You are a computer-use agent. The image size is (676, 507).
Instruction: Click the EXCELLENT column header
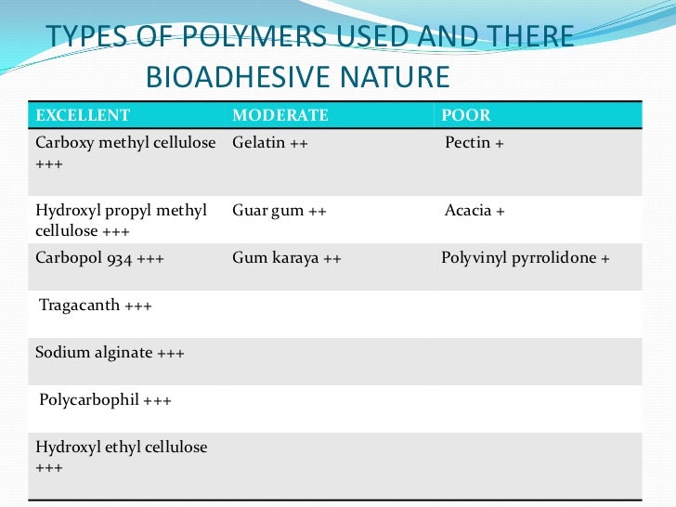coord(83,116)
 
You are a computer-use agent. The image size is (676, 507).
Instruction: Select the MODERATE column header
coord(280,116)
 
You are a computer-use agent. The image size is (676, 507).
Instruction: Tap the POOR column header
coord(466,116)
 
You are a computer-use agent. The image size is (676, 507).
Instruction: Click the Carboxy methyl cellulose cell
coord(125,152)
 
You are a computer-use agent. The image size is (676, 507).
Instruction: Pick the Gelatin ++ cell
coord(270,143)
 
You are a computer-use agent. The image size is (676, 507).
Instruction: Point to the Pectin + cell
coord(474,143)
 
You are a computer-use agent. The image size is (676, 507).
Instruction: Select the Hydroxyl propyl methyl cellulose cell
coord(121,220)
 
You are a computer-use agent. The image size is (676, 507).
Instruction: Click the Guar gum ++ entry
coord(279,211)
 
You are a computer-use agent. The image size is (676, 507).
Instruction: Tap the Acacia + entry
coord(474,211)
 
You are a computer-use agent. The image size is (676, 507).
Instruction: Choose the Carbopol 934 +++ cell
coord(99,258)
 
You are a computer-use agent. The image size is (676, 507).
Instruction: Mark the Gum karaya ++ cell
coord(287,258)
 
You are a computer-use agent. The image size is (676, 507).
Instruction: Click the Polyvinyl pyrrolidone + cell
coord(526,258)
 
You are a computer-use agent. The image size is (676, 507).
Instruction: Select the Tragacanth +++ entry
coord(95,305)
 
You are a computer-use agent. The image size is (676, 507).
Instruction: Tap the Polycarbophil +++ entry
coord(105,400)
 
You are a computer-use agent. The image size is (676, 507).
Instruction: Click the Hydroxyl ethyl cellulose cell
coord(121,457)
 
